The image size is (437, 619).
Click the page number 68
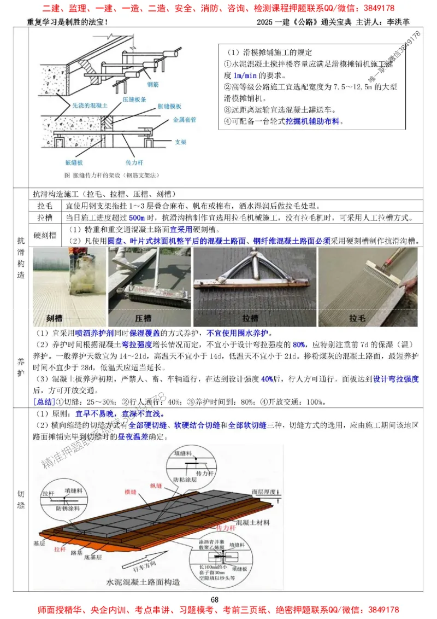point(215,600)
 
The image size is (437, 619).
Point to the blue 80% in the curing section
point(299,344)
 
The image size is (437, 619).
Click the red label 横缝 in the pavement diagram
point(130,491)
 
